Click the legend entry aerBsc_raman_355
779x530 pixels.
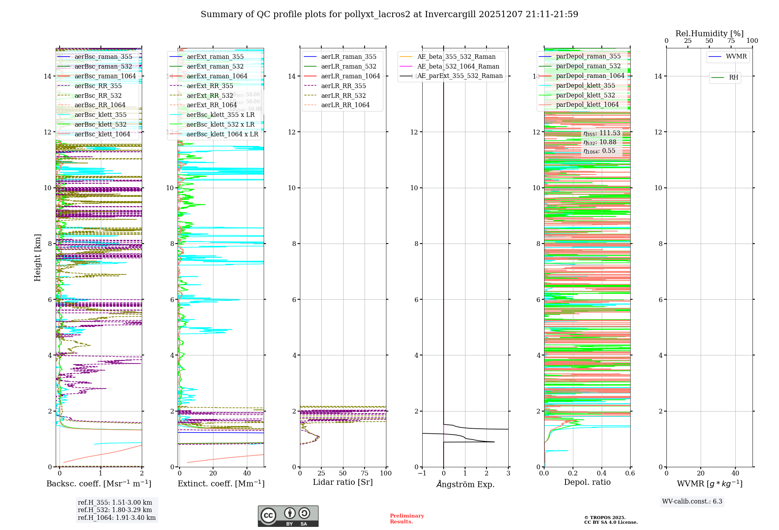pyautogui.click(x=103, y=57)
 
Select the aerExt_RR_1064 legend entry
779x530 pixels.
pyautogui.click(x=211, y=105)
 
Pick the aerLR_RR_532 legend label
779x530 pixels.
pyautogui.click(x=343, y=95)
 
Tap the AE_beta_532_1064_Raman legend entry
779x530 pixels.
pyautogui.click(x=458, y=67)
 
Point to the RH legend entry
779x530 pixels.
pyautogui.click(x=733, y=78)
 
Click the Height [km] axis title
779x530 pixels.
pyautogui.click(x=37, y=257)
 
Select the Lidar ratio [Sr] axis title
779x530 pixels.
pyautogui.click(x=343, y=482)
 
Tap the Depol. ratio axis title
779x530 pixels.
pyautogui.click(x=587, y=482)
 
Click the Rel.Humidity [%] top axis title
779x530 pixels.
pyautogui.click(x=709, y=34)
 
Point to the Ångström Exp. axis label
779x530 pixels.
pyautogui.click(x=465, y=484)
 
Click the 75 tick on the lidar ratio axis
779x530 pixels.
pyautogui.click(x=365, y=473)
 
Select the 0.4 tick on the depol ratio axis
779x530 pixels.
pyautogui.click(x=601, y=473)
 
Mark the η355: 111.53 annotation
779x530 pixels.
pyautogui.click(x=602, y=133)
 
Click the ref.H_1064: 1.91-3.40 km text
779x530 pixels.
pyautogui.click(x=116, y=518)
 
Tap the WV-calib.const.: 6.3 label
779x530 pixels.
pyautogui.click(x=692, y=502)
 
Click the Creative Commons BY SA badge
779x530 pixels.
pyautogui.click(x=288, y=516)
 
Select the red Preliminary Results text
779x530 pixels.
pyautogui.click(x=407, y=519)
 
